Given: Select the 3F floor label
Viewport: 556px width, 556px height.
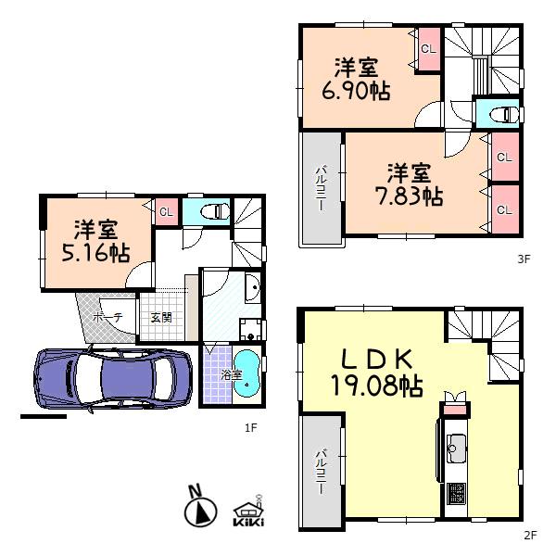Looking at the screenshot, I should click(523, 259).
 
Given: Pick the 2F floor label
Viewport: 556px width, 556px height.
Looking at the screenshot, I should click(530, 535).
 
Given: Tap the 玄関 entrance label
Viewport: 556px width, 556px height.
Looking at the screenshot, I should click(160, 317).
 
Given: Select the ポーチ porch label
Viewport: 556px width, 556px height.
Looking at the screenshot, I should click(104, 317).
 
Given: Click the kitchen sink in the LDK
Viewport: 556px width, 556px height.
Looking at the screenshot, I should click(457, 452).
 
